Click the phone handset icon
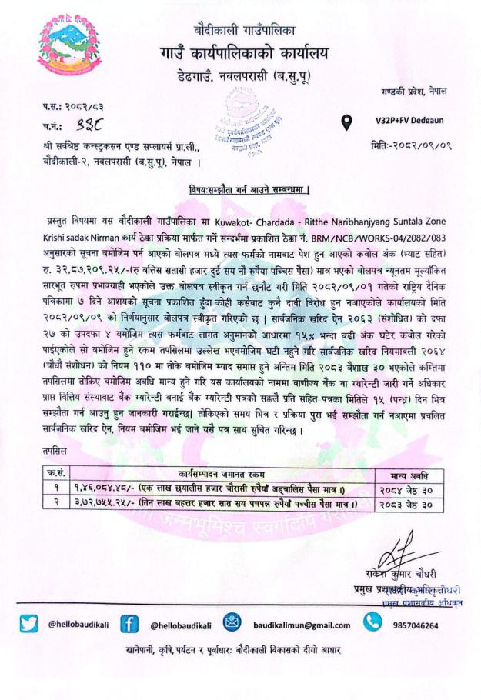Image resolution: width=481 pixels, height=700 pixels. [x=372, y=623]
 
